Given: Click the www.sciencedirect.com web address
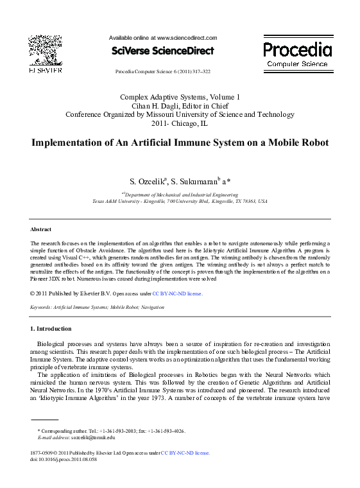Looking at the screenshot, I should click(187, 38).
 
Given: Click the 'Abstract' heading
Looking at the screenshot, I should click(40, 229).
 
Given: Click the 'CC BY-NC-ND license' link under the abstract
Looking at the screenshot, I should click(177, 293).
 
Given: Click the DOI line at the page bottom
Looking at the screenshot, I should click(64, 460).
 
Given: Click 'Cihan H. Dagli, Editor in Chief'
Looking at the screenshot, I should click(180, 105).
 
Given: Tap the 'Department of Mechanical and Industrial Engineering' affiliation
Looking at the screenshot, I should click(180, 194).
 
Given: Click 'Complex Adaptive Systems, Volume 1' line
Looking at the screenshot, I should click(180, 96).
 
